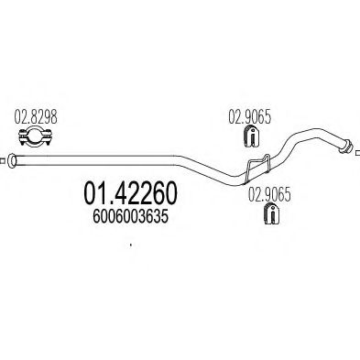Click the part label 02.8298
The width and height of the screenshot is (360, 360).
32,118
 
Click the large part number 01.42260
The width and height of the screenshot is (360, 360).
136,194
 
